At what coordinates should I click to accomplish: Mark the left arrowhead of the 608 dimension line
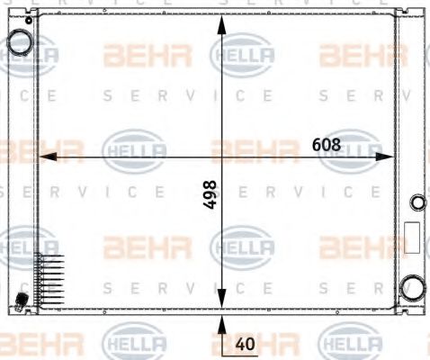coord(48,157)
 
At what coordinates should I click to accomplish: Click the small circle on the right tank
coord(416,202)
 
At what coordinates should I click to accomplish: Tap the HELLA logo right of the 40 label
coord(351,343)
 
